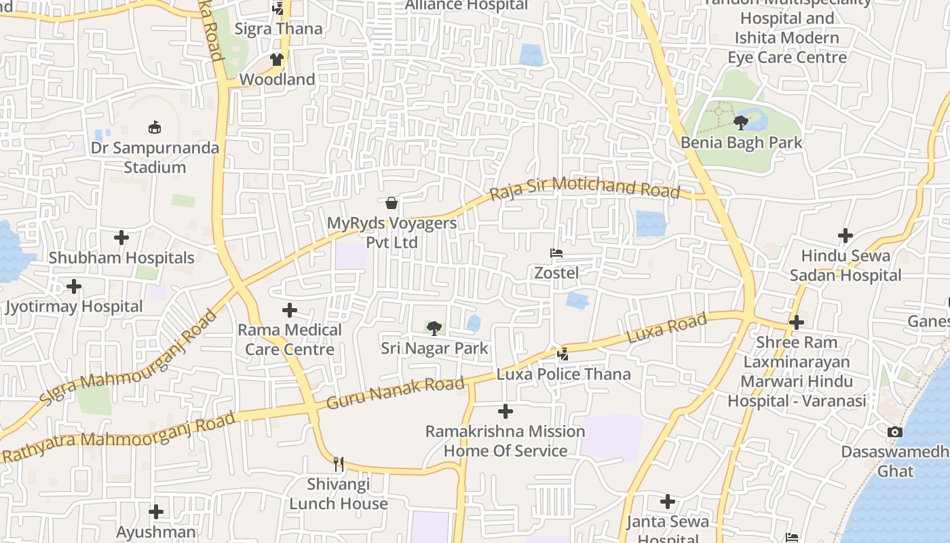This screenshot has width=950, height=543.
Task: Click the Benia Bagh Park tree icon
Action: [740, 123]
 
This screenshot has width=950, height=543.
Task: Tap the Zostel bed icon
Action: [556, 253]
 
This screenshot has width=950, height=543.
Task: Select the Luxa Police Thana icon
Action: [563, 354]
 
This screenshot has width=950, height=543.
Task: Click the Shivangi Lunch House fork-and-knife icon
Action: [338, 464]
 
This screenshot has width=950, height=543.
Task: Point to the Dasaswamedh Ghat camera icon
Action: [895, 432]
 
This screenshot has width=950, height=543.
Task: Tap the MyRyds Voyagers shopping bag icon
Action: [392, 202]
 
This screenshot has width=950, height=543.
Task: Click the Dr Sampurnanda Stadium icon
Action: [155, 127]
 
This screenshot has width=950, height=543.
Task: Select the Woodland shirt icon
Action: [276, 60]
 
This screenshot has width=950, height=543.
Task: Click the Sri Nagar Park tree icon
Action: [434, 329]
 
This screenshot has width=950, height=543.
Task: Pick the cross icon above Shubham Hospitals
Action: [121, 238]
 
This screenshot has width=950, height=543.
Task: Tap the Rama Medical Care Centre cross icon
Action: [290, 310]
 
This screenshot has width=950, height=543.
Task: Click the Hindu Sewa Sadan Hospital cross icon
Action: [845, 236]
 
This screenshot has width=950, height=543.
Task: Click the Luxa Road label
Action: [667, 328]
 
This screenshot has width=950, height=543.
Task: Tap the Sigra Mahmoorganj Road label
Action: [128, 358]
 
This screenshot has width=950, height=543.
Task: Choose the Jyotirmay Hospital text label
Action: [74, 306]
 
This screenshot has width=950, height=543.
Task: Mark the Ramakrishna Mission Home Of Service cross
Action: [506, 411]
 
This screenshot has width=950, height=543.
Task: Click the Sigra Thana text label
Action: [278, 29]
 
